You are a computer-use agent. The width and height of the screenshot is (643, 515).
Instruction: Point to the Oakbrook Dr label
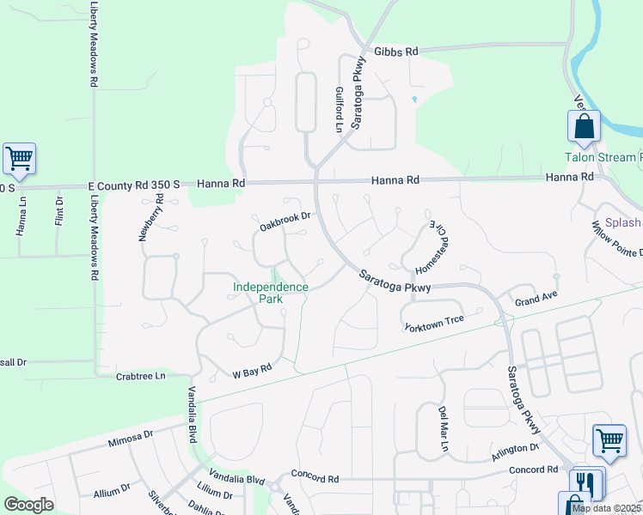pos(285,223)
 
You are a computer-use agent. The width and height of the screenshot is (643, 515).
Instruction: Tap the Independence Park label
pos(270,293)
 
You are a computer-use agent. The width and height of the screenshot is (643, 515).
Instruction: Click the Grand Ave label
pos(536,301)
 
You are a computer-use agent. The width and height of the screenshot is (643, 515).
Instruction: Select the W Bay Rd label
pos(252,371)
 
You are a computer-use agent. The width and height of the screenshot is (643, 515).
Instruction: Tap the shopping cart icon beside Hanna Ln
pos(19,158)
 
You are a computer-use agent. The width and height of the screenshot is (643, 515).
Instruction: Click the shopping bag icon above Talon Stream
pos(584,126)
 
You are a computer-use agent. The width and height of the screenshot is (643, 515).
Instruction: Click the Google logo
pos(29,505)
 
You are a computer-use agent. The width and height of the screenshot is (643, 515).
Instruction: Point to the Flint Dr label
pos(59,213)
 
